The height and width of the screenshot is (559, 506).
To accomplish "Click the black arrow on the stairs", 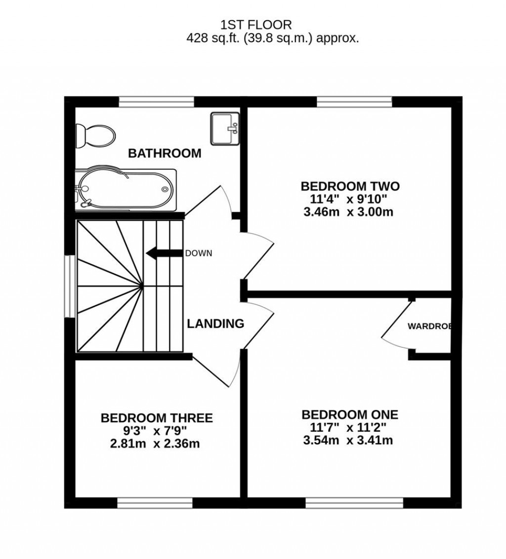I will tap(164, 254).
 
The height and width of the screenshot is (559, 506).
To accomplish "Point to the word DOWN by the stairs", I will tap(198, 254).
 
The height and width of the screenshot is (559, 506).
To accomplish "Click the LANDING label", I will tap(215, 324).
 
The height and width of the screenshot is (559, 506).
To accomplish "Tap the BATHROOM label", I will tap(165, 153).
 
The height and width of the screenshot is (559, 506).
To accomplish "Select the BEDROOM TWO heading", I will tap(350, 186).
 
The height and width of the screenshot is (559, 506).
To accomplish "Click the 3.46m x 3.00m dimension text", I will tap(350, 213).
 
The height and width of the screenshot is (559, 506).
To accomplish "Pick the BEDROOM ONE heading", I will tap(350, 414).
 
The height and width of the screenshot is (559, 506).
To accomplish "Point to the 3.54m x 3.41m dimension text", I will tap(348, 440).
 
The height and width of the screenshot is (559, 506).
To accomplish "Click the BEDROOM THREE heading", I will tap(157, 418).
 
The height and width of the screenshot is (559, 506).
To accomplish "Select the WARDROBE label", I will tap(429, 326).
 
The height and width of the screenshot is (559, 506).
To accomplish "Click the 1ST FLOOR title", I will tap(256, 24).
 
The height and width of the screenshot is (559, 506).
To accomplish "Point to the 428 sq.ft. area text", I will tap(272, 38).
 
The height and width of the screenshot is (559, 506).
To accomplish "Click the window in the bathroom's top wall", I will tap(157, 102).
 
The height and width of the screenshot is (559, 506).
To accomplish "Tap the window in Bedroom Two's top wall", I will tap(354, 102).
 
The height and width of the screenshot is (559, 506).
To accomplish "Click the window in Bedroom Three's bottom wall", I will tap(155, 503).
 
